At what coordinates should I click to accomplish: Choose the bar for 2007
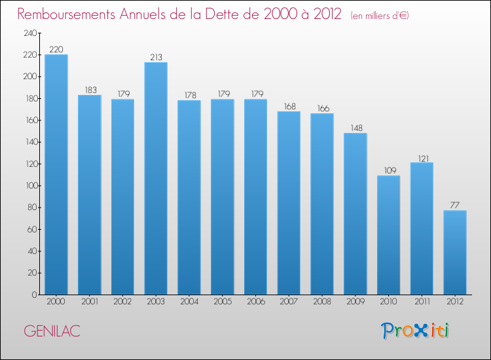coord(289,203)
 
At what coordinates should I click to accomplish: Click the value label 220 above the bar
coord(56,49)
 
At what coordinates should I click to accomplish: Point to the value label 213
coord(156,57)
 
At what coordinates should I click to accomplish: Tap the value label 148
coord(355,128)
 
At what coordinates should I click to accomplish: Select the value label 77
coord(455,206)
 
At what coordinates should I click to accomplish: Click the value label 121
coord(422,158)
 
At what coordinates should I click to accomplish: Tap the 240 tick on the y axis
coord(29,33)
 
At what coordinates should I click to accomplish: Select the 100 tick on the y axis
coord(29,186)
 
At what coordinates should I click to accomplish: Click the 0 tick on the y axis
coord(33,295)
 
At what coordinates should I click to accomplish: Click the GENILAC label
coord(52,331)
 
